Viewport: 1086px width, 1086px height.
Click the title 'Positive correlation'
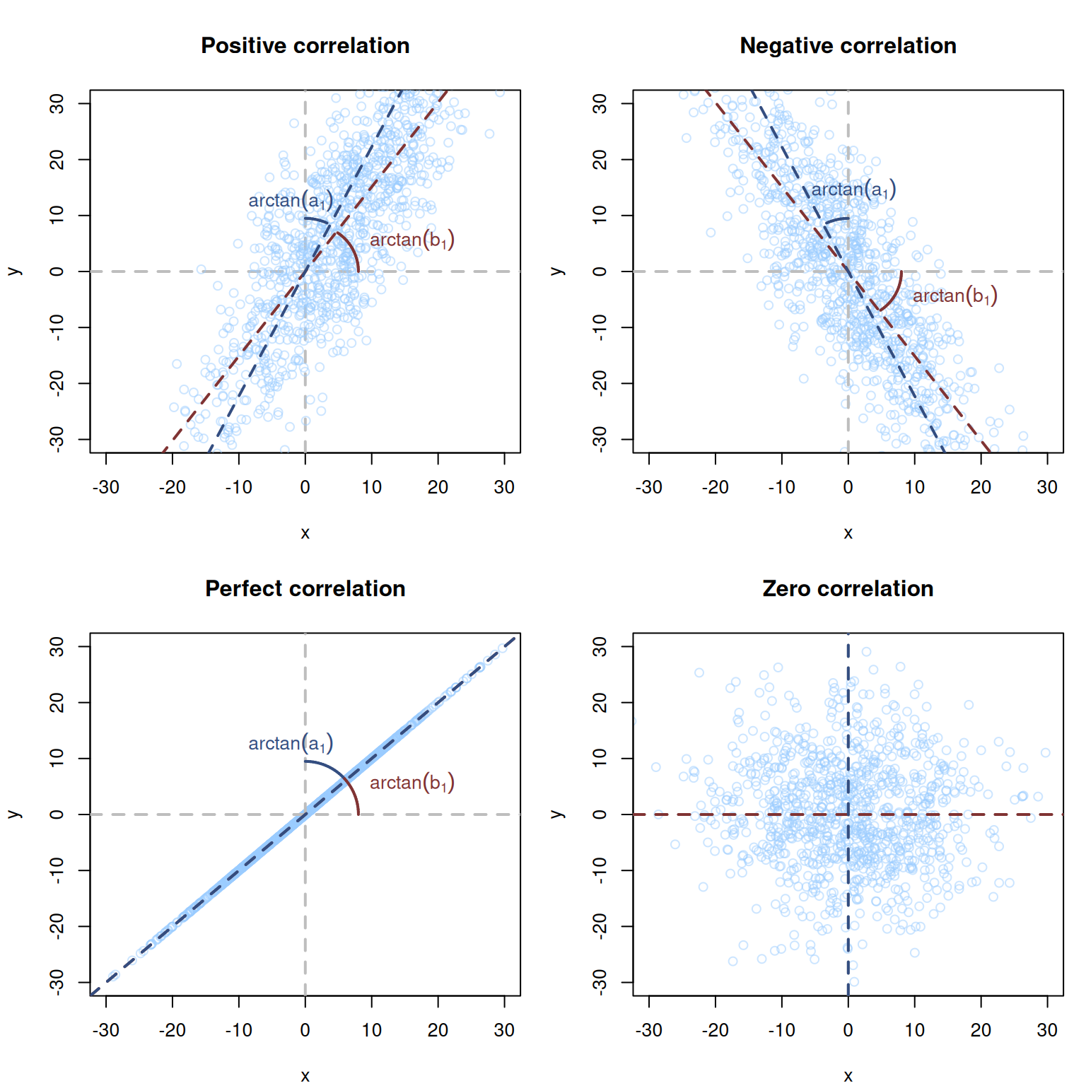tap(305, 45)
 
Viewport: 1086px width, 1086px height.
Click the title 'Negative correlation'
tap(848, 45)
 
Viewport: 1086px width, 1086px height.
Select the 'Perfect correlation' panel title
tap(305, 588)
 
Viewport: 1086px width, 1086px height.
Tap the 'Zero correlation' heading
tap(848, 588)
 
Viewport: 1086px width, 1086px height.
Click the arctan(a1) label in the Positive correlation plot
tap(290, 201)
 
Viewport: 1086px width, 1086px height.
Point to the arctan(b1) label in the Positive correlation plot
tap(411, 240)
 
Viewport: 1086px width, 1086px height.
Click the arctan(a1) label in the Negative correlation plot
tap(853, 189)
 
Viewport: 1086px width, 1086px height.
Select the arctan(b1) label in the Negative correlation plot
tap(954, 296)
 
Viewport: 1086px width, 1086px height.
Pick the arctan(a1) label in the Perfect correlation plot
tap(290, 744)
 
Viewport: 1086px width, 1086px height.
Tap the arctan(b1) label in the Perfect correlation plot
tap(411, 783)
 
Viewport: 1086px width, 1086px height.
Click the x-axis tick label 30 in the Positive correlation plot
tap(504, 487)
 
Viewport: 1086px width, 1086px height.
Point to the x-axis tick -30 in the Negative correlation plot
tap(648, 487)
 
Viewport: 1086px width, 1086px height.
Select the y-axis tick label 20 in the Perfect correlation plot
tap(57, 702)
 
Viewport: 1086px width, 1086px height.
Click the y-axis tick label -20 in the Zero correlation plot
tap(600, 926)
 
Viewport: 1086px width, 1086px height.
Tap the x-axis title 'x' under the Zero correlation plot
tap(848, 1075)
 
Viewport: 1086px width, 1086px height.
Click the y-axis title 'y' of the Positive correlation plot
tap(14, 271)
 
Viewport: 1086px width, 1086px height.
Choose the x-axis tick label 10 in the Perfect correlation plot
tap(371, 1030)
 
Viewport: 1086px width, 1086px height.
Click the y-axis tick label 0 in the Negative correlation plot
tap(600, 271)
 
